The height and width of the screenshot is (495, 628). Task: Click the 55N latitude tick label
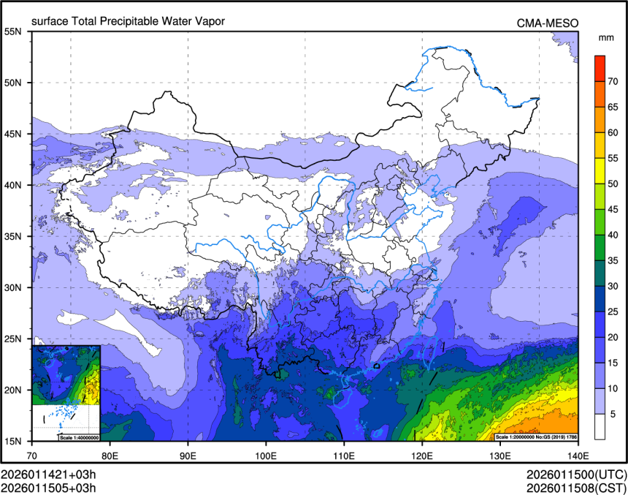[12, 31]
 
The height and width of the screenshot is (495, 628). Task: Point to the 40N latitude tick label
[12, 185]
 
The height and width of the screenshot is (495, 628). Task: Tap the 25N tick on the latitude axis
[12, 339]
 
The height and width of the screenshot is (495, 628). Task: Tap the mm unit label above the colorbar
[605, 37]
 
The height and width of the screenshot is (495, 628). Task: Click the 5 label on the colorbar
[614, 414]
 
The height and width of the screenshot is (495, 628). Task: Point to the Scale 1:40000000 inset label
[79, 437]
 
